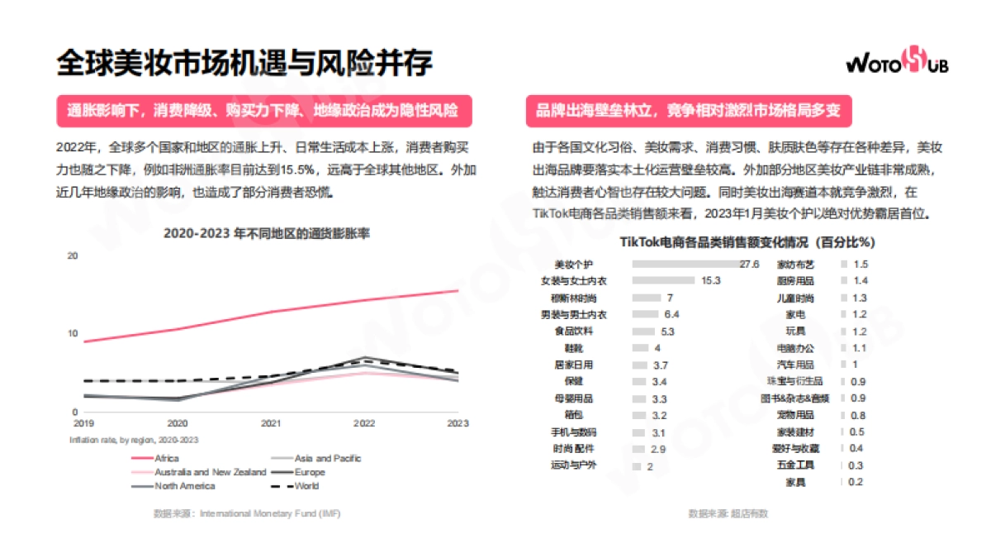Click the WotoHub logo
(x=897, y=63)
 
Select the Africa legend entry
(x=166, y=458)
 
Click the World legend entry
(x=306, y=486)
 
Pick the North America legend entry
(x=185, y=486)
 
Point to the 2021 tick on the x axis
(x=270, y=423)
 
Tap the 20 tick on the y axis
(x=73, y=256)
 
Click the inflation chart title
(x=267, y=233)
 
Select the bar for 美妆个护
(x=685, y=265)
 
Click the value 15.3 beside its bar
(x=711, y=281)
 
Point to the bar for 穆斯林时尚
(x=647, y=298)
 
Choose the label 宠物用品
(x=798, y=416)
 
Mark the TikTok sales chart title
(x=747, y=243)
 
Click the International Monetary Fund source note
(x=247, y=513)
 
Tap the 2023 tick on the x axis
(x=458, y=423)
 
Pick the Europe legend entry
(x=310, y=472)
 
